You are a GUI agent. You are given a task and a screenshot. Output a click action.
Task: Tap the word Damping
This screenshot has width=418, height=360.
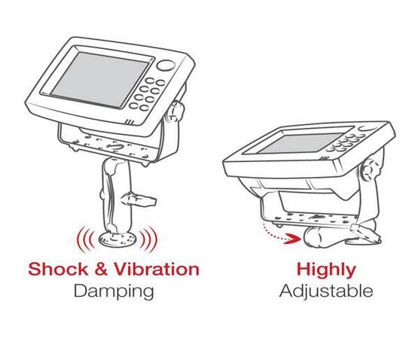(x=114, y=290)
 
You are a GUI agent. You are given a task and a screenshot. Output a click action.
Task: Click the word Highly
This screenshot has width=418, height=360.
(x=325, y=269)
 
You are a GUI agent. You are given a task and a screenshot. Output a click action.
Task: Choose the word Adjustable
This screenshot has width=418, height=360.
(x=325, y=290)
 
